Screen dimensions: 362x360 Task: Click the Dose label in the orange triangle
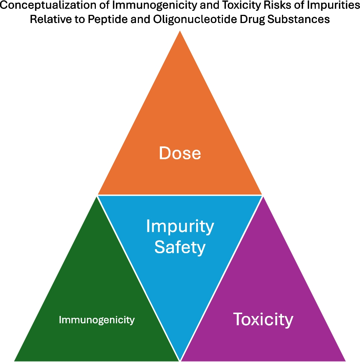[x=180, y=153]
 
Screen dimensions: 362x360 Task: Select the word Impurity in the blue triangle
[x=180, y=226]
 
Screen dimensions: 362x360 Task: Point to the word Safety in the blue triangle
[x=180, y=247]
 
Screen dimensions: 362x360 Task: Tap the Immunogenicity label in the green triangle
[x=97, y=320]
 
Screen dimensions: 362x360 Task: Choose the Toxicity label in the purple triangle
[x=263, y=319]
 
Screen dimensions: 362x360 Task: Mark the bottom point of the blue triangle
[x=180, y=358]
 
